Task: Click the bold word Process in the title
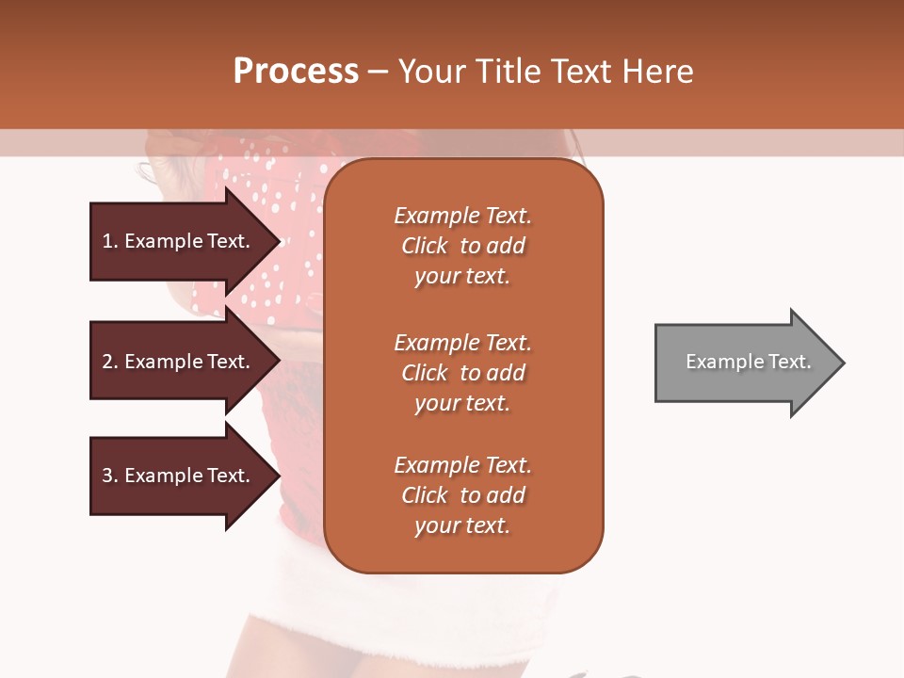[296, 72]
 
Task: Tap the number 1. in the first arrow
[110, 241]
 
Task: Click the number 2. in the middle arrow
[110, 362]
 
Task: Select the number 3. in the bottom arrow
[110, 476]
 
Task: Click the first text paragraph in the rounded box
[462, 246]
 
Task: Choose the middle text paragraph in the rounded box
[462, 373]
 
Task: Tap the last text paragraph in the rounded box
[462, 495]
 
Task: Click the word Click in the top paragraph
[425, 246]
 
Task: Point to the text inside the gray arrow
[748, 362]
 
